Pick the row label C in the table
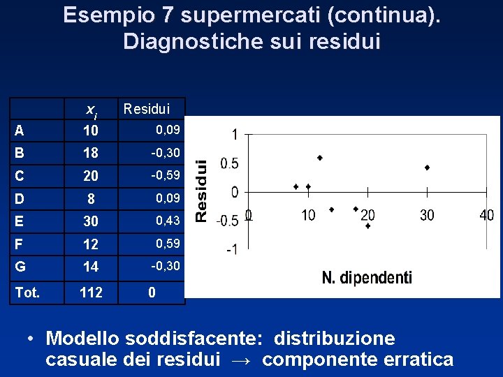tap(19, 176)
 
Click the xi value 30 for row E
tap(91, 221)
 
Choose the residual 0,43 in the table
tap(168, 220)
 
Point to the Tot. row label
tap(27, 293)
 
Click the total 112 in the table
tap(91, 293)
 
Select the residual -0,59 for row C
tap(166, 175)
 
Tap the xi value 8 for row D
tap(91, 199)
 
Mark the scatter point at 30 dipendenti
tap(427, 168)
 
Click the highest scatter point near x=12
tap(320, 158)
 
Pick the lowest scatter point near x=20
tap(367, 226)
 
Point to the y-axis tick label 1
tap(235, 134)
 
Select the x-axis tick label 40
tap(486, 215)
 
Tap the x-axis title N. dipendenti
tap(367, 278)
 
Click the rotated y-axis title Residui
tap(201, 189)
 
